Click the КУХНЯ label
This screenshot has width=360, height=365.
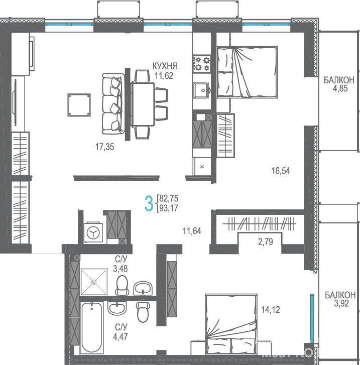pos(165,66)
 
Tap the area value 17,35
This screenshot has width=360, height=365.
pos(105,147)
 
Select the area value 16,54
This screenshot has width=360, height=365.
pos(281,171)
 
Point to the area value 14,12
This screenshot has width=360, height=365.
pos(270,310)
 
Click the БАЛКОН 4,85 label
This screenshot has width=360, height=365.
pos(339,84)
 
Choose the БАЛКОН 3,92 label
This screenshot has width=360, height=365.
pos(340,299)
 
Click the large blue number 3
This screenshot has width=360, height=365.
pos(149,203)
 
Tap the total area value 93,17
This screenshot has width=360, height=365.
pos(169,208)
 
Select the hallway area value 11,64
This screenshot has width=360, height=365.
pos(192,231)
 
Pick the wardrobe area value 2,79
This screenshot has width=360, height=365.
pos(266,242)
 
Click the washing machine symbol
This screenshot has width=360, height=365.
pos(93,232)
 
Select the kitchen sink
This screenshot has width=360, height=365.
pos(202,90)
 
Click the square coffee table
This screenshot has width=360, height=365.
pos(79,105)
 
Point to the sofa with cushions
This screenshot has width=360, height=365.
pos(113,103)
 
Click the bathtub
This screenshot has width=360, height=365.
pos(91,327)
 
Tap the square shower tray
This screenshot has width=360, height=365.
pos(94,282)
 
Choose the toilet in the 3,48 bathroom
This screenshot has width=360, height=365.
pos(122,285)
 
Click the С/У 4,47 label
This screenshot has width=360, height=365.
pos(121,332)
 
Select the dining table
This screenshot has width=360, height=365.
pos(143,104)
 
